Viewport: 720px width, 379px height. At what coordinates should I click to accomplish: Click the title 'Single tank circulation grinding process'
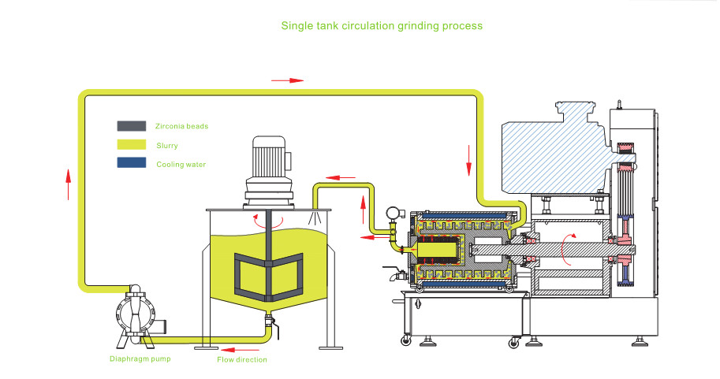tap(382, 25)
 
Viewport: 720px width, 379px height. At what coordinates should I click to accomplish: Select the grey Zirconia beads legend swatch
tap(131, 125)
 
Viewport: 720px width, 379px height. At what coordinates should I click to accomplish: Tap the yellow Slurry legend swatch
tap(131, 144)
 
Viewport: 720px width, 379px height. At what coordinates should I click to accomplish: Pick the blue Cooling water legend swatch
tap(131, 163)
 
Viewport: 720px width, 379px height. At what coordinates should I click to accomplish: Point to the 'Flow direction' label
tap(242, 359)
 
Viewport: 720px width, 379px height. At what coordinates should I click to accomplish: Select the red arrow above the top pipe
tap(287, 80)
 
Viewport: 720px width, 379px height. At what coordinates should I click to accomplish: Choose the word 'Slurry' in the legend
tap(167, 145)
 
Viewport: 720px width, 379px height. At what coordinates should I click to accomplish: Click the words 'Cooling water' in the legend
tap(181, 164)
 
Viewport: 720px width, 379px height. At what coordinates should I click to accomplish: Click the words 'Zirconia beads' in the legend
tap(182, 126)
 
